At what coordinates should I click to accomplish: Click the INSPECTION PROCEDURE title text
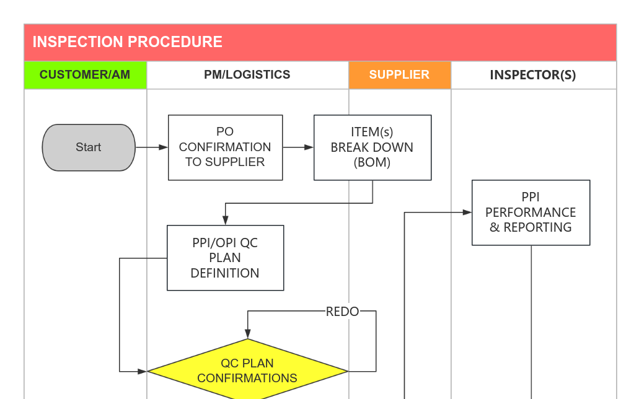pos(127,42)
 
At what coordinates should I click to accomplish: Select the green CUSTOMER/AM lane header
pos(85,75)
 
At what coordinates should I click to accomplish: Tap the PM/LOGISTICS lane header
pos(247,75)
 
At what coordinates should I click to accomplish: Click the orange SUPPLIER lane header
pos(399,75)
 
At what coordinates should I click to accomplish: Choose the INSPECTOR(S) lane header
pos(532,75)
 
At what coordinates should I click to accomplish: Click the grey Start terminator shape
pos(89,147)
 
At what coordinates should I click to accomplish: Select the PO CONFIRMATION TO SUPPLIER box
pos(225,147)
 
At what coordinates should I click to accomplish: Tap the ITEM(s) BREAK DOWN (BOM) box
pos(372,147)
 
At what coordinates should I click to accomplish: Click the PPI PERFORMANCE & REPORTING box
pos(531,213)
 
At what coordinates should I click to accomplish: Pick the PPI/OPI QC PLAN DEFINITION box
pos(225,258)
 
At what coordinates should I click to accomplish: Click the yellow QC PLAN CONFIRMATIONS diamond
pos(247,371)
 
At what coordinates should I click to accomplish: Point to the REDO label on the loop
pos(342,312)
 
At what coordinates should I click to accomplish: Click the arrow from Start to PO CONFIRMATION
pos(151,147)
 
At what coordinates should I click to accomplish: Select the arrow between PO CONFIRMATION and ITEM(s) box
pos(298,147)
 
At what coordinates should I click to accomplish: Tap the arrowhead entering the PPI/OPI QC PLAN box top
pos(226,220)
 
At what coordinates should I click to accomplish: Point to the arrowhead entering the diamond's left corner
pos(142,372)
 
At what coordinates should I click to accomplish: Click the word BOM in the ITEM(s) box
pos(372,163)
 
